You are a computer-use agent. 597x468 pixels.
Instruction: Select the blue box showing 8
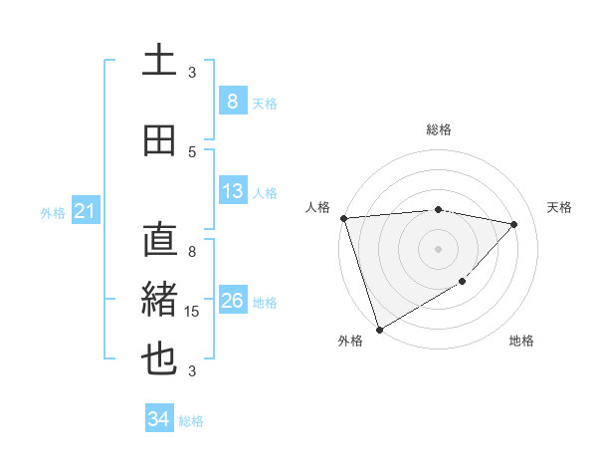tap(232, 101)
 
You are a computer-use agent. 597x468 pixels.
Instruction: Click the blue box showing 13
tap(232, 191)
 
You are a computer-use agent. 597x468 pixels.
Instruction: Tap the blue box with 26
tap(232, 301)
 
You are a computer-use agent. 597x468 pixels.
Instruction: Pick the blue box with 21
tap(85, 211)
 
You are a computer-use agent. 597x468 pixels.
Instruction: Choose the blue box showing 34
tap(158, 419)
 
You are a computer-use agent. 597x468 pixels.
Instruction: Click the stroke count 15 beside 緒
tap(194, 312)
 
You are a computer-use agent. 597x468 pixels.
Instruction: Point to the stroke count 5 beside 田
tap(192, 151)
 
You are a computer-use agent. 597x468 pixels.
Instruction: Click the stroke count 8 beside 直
tap(192, 252)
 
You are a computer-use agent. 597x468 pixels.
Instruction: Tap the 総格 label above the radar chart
tap(439, 129)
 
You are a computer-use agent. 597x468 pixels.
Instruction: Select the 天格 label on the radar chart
tap(559, 207)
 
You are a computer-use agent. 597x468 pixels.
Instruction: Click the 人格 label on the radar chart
tap(318, 207)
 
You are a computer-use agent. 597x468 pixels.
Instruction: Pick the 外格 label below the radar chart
tap(350, 341)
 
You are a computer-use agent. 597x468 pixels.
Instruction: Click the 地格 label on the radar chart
tap(521, 341)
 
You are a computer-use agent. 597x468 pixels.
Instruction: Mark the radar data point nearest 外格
tap(379, 329)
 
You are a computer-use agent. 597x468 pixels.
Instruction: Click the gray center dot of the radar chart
tap(439, 248)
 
